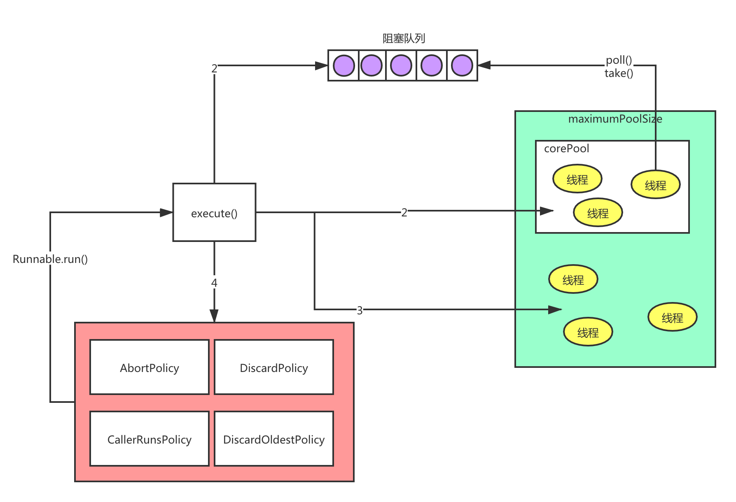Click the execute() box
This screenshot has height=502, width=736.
[214, 213]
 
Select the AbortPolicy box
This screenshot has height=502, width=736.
[150, 367]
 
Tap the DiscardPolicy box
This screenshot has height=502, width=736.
[274, 367]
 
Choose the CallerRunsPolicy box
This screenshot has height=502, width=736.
[150, 439]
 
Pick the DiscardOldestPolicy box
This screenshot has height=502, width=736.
[274, 439]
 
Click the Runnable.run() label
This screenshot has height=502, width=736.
[50, 259]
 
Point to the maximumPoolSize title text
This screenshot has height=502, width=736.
[615, 119]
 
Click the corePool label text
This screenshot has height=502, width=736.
[566, 149]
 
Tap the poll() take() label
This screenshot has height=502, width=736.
[619, 66]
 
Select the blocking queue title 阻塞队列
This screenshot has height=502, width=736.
[404, 39]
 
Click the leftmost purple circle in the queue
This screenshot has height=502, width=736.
[344, 66]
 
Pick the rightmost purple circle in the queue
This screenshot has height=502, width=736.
[462, 66]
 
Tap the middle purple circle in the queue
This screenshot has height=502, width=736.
[401, 66]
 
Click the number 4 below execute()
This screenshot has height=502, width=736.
[214, 283]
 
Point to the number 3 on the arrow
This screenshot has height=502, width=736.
[360, 310]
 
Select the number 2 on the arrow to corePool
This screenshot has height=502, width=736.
[404, 212]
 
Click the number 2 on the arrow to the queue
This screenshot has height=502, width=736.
[214, 68]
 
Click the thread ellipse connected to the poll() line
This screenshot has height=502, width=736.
[655, 185]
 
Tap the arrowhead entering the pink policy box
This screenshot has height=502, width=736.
[214, 316]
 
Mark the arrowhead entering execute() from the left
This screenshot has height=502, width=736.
[166, 213]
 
